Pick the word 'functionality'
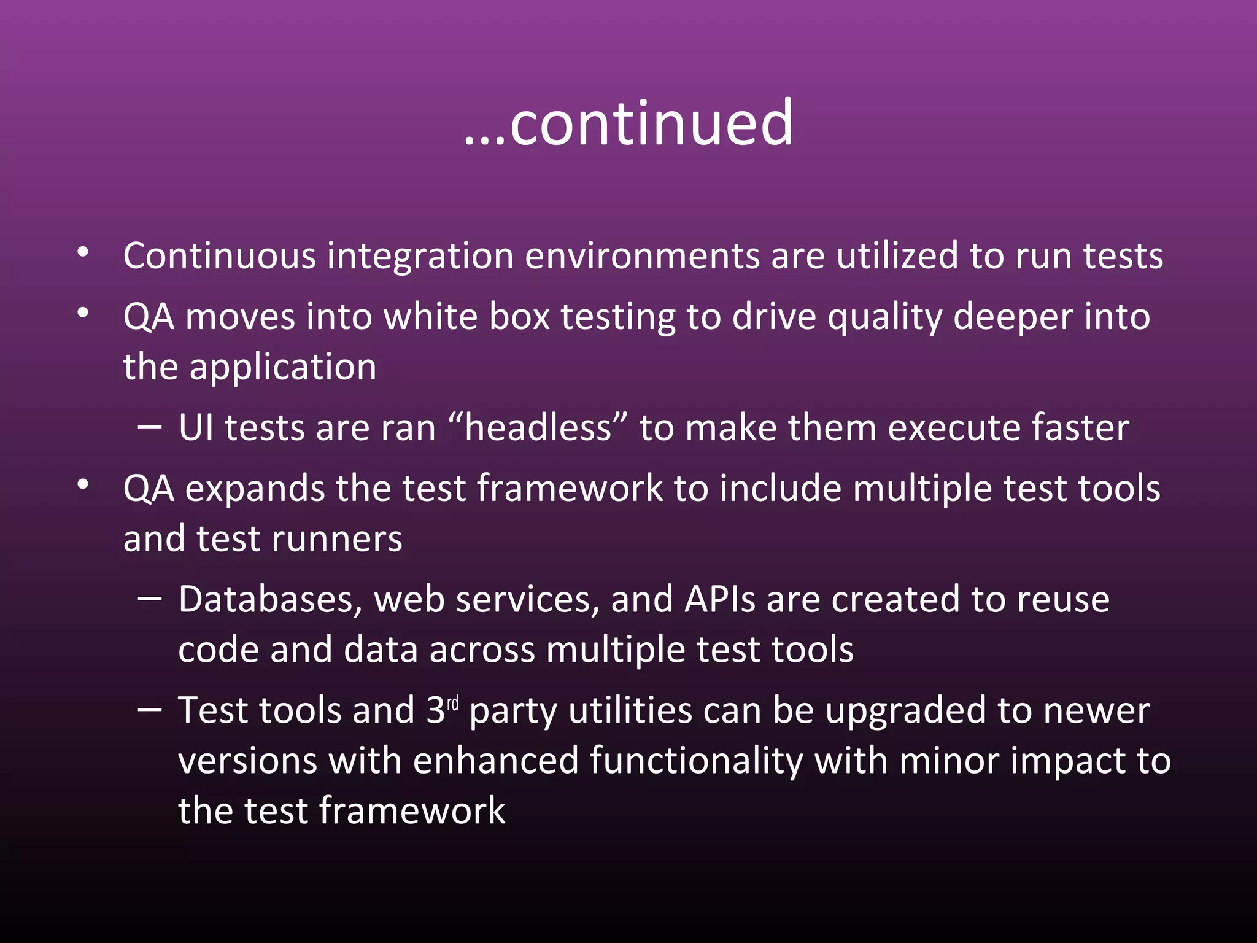tap(697, 761)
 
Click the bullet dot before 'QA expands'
tap(83, 485)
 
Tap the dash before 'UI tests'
tap(150, 426)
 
